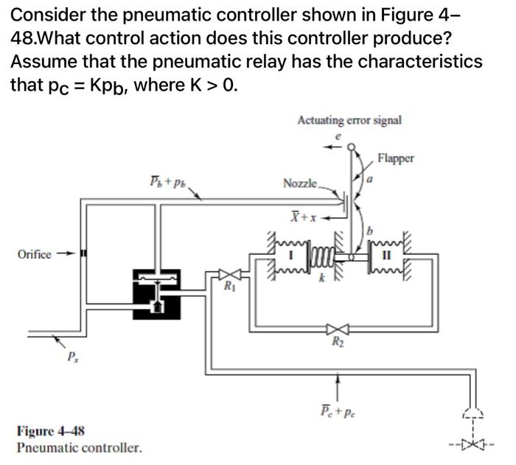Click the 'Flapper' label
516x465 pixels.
(396, 157)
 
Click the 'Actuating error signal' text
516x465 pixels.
(349, 120)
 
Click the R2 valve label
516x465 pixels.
(337, 341)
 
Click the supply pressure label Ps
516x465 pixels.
(72, 359)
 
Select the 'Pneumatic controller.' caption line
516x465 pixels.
(78, 447)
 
